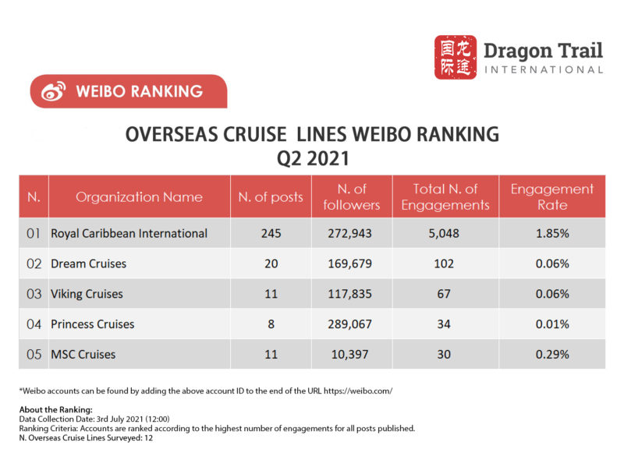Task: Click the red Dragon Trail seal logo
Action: click(x=455, y=57)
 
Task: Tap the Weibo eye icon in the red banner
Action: click(x=53, y=91)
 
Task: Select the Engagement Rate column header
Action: click(x=551, y=196)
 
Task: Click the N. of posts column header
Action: click(x=271, y=196)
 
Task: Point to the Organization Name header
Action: click(x=139, y=196)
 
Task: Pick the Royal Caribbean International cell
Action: click(x=129, y=233)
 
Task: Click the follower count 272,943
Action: click(x=350, y=233)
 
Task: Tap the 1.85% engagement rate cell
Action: click(x=551, y=233)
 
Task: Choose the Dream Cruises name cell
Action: click(x=88, y=264)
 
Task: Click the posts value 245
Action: click(x=271, y=233)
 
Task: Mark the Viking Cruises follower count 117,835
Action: click(x=350, y=294)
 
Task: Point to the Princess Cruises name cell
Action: click(x=92, y=324)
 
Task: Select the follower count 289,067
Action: click(x=350, y=324)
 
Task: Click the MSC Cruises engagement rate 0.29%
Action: click(x=551, y=354)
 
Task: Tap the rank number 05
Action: click(x=34, y=354)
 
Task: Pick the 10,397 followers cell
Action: click(x=350, y=354)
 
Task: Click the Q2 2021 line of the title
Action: click(x=312, y=158)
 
